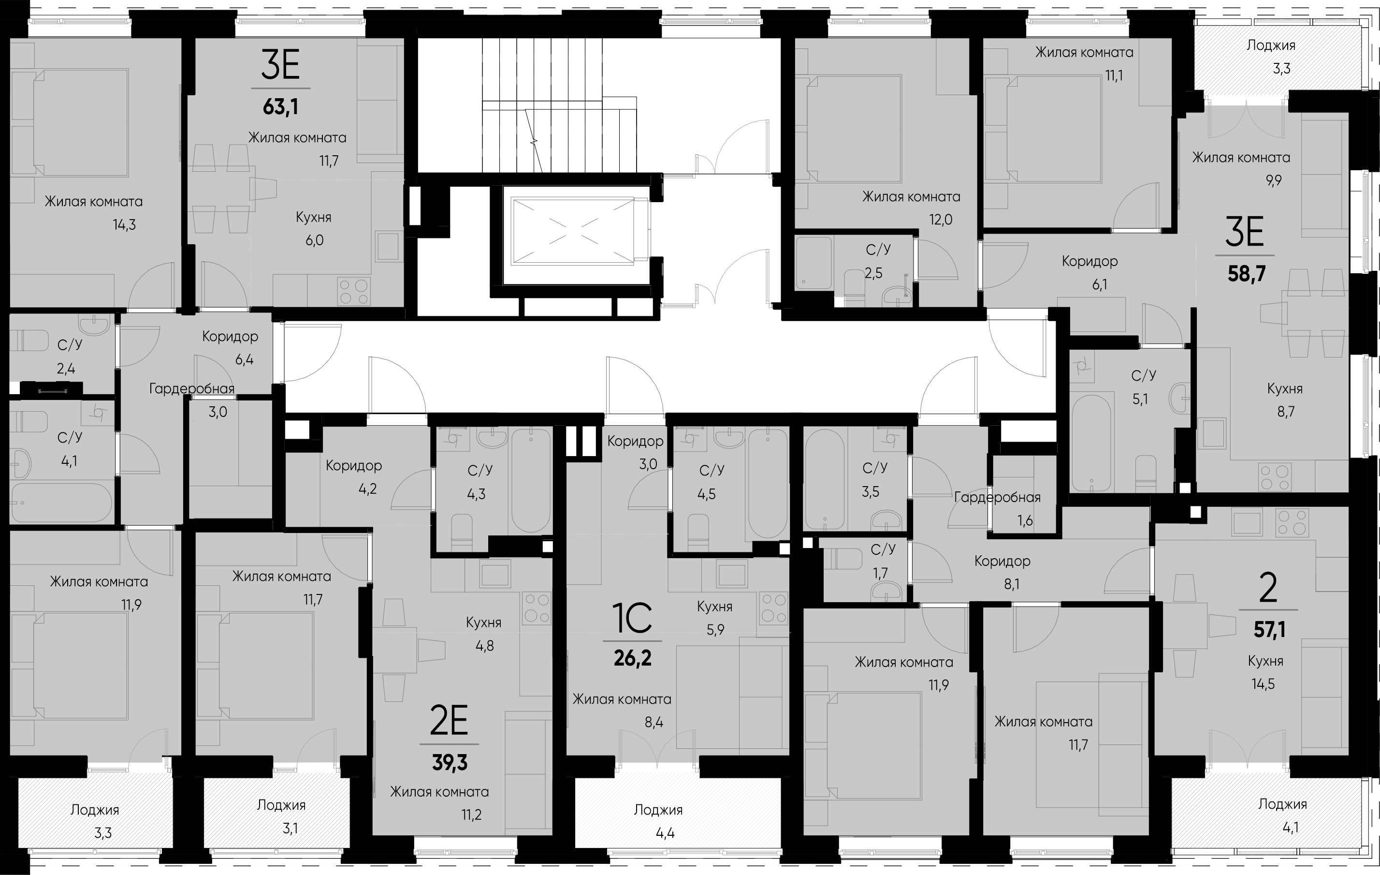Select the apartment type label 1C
click(x=633, y=617)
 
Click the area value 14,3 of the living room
click(x=124, y=225)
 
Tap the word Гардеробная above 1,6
click(x=997, y=498)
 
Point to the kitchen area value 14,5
click(x=1263, y=683)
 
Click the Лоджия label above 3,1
click(x=281, y=805)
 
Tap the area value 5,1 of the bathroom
click(x=1140, y=399)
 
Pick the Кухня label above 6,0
click(x=314, y=217)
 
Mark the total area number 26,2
click(x=633, y=658)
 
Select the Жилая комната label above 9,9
click(x=1241, y=158)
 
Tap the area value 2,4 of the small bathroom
click(x=66, y=368)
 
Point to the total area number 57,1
click(x=1269, y=630)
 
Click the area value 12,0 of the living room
click(x=941, y=220)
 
